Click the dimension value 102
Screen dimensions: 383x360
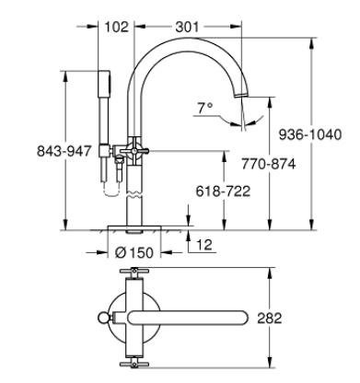115,27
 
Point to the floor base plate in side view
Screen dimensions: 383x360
134,227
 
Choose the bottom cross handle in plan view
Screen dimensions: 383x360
134,361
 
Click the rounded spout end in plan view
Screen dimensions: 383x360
241,319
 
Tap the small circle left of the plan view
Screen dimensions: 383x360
102,319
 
